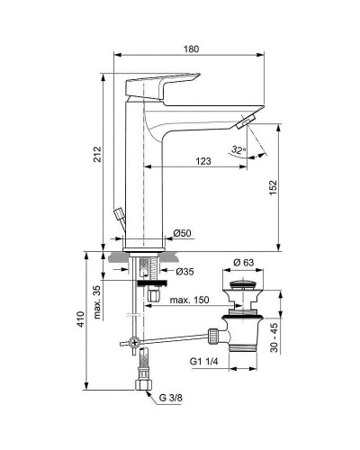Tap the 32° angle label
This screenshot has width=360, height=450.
coord(238,150)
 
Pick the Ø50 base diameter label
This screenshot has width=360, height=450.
coord(183,234)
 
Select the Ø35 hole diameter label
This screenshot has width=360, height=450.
coord(185,271)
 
